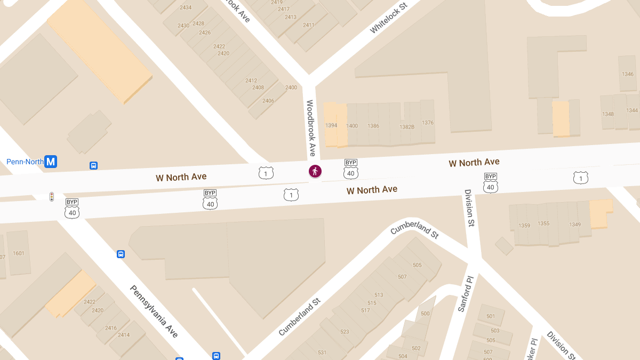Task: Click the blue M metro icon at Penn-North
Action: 51,161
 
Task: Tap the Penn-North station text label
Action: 25,162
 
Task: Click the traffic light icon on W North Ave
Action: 52,197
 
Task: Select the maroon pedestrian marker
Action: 315,171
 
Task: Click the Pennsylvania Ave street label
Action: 154,311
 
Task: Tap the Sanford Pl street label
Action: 465,294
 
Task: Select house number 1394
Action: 331,126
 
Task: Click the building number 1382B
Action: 407,127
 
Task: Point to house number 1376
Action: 428,123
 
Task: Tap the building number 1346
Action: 628,74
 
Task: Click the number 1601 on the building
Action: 19,253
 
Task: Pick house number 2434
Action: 186,7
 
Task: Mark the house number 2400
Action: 291,87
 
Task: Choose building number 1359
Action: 524,226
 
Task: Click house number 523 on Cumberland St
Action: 345,332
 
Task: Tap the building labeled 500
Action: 425,314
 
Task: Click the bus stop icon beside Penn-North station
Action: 93,166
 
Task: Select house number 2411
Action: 308,25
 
